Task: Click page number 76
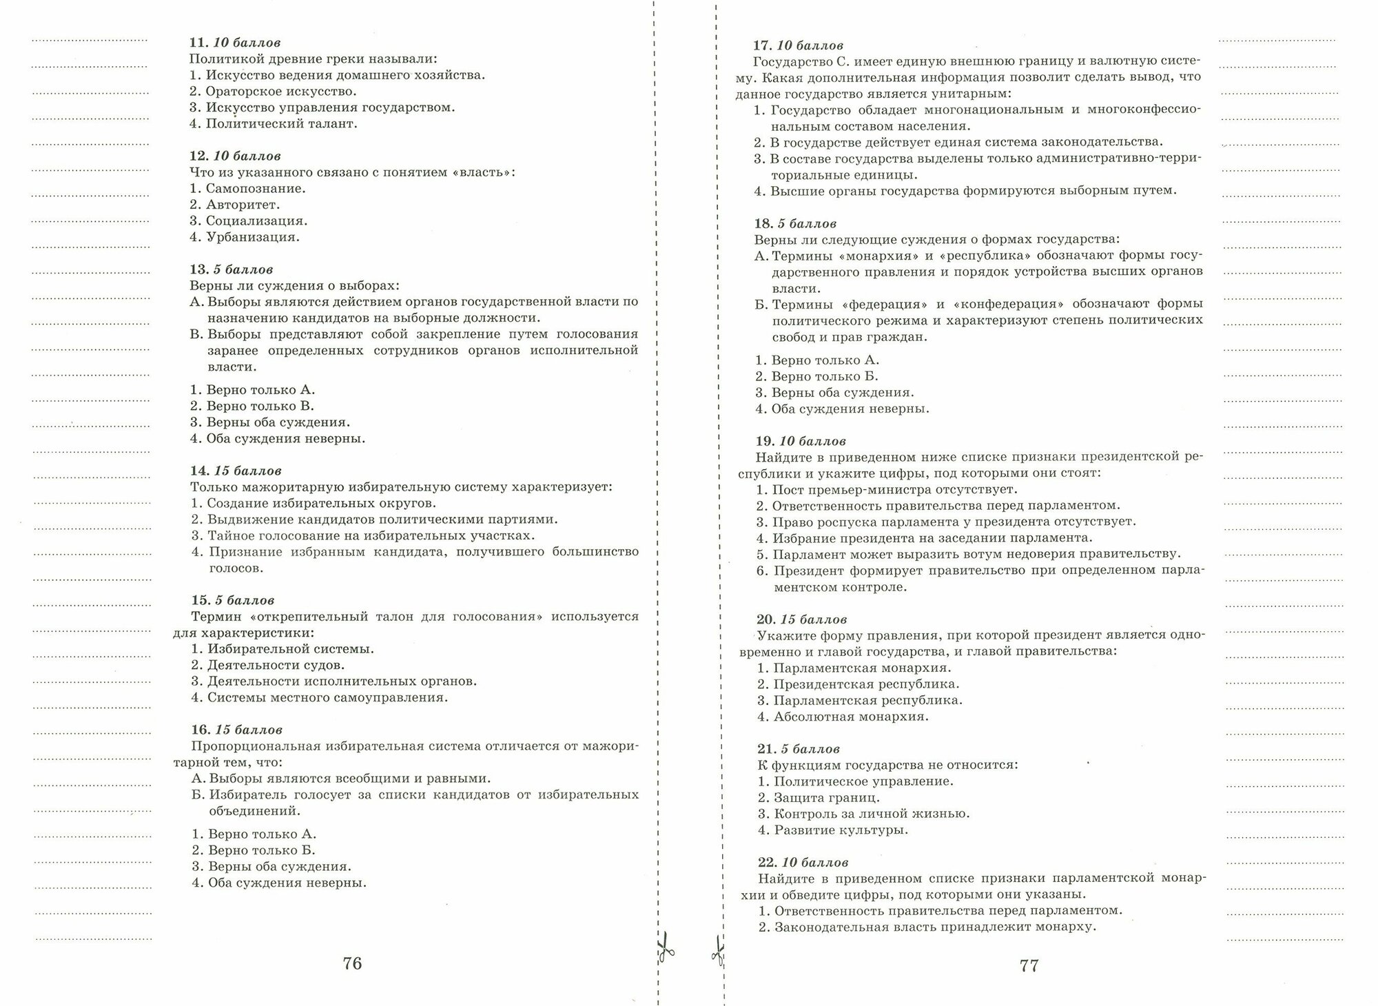(352, 963)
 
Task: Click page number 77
(1028, 965)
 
